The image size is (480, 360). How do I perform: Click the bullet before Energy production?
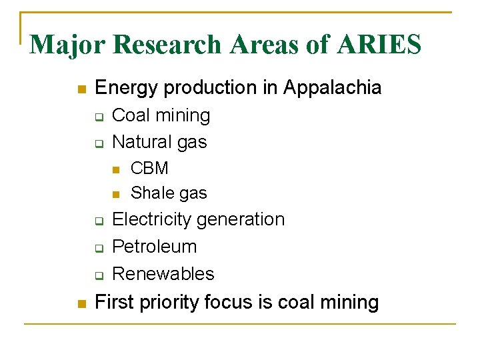[81, 89]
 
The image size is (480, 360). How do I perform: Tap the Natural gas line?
[159, 142]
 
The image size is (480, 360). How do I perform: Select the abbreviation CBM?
[149, 169]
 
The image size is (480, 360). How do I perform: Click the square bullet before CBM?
[116, 170]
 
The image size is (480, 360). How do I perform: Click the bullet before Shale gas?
[116, 195]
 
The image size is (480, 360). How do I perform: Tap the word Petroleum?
[155, 247]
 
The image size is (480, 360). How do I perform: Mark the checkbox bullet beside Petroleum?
[97, 249]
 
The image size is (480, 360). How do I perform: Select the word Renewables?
[163, 274]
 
